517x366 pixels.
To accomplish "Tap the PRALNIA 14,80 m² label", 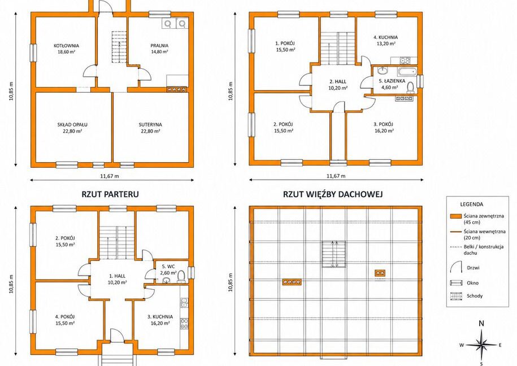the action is (159, 49).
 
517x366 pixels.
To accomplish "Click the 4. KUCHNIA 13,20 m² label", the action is (385, 40).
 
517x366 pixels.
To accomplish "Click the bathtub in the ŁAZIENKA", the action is (407, 72).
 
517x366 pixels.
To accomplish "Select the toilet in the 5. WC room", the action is (181, 276).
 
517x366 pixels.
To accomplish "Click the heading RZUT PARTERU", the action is (110, 194).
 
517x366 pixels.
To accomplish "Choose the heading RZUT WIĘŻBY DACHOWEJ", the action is (333, 194).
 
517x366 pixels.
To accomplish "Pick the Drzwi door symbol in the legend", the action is (456, 267).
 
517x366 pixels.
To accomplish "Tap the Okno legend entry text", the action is (472, 283).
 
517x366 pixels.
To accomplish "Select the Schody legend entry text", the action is (475, 296).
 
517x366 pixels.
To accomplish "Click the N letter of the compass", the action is (481, 324).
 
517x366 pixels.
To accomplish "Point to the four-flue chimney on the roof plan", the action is (292, 282).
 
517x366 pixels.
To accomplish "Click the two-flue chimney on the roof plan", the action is (380, 273).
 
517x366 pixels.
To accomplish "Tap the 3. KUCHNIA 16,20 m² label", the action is (160, 320).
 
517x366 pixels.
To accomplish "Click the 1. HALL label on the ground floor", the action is (118, 276).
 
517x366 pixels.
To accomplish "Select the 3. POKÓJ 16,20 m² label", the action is (383, 127).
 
